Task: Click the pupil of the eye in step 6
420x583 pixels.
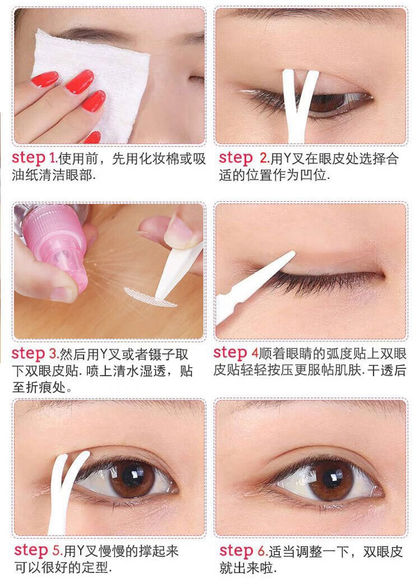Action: tap(333, 480)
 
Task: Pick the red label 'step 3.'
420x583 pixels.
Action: tap(35, 354)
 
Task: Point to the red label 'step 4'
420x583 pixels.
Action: tap(236, 353)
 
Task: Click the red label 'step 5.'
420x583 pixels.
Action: tap(39, 550)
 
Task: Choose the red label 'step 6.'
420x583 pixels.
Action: tap(244, 550)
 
